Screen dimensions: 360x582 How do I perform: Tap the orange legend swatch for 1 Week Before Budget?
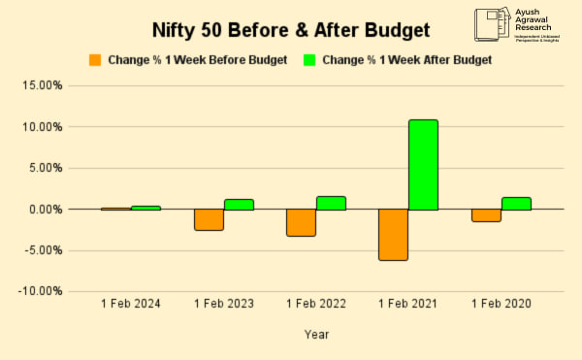click(95, 60)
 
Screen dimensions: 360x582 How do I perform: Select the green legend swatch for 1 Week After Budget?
click(310, 60)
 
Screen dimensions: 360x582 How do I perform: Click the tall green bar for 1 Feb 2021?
click(423, 165)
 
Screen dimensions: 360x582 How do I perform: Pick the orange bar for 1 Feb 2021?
click(393, 234)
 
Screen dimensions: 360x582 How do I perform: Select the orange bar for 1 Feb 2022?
click(301, 222)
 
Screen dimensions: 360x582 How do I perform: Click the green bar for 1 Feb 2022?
click(331, 203)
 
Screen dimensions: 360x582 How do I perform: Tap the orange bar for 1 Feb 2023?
click(209, 219)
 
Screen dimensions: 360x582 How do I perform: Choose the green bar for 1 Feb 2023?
click(239, 204)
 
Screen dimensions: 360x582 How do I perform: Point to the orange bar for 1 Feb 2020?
click(486, 215)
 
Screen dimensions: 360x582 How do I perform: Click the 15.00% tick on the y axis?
click(42, 85)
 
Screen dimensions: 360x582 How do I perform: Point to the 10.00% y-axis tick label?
click(42, 127)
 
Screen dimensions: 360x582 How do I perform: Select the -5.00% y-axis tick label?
click(42, 250)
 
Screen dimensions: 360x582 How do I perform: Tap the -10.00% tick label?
click(40, 291)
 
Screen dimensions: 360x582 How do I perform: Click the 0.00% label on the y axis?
click(45, 210)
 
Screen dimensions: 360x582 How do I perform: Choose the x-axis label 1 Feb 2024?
click(131, 305)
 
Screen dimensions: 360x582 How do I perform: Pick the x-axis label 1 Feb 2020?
click(501, 305)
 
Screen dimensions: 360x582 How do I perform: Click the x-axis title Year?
click(316, 335)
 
